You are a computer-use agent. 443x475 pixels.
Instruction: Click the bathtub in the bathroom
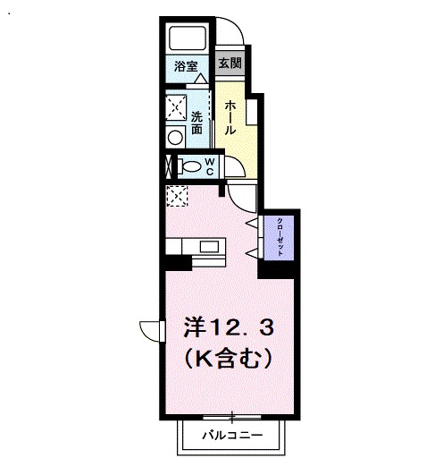coord(188,38)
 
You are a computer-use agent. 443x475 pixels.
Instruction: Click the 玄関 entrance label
coord(230,64)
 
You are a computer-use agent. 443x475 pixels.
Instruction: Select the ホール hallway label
coord(230,117)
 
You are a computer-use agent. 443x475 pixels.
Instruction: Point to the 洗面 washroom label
coord(197,122)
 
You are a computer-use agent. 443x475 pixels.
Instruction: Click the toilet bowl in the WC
coord(188,165)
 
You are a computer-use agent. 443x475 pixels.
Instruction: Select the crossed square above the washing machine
coord(175,106)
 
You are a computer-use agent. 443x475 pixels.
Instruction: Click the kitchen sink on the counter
coord(210,246)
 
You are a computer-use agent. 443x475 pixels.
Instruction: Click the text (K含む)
coord(228,360)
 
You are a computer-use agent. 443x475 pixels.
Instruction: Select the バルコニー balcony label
coord(230,436)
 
